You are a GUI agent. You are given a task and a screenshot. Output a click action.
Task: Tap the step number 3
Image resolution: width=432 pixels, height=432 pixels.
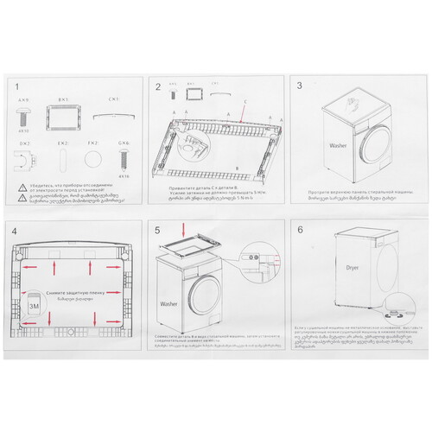(x=300, y=86)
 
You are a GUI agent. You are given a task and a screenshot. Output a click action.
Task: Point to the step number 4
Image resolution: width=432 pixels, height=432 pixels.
(x=17, y=232)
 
